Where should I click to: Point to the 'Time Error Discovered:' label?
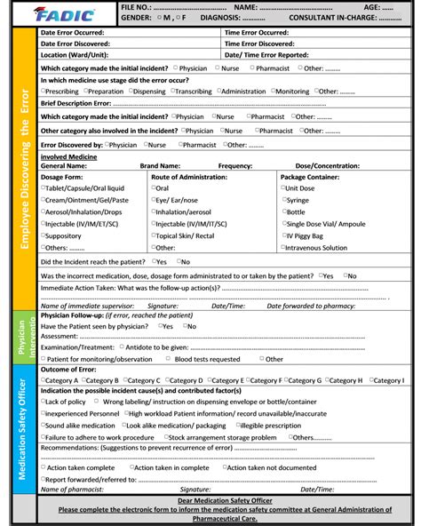click(x=259, y=44)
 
